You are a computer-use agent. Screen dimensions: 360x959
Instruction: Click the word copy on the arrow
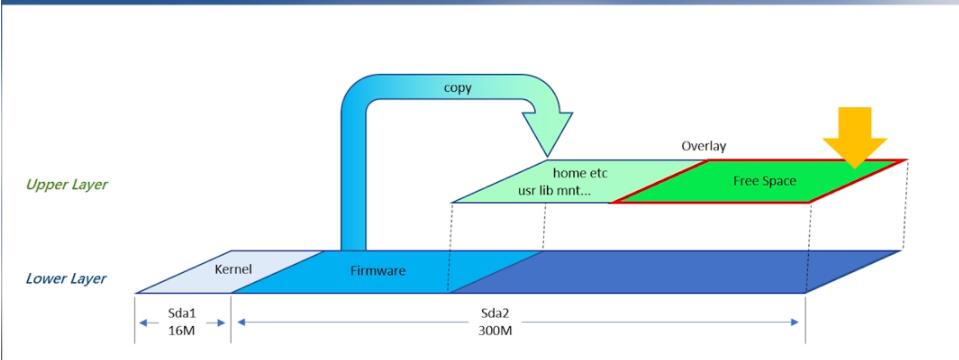pos(458,89)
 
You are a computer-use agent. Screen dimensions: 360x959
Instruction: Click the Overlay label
pos(704,144)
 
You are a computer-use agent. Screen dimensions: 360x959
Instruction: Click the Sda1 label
pos(183,313)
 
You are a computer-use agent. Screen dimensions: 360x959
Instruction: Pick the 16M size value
pos(183,331)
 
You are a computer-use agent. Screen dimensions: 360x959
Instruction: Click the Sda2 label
pos(518,313)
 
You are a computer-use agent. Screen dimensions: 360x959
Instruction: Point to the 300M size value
pos(518,331)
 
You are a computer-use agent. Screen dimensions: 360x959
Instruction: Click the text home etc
pos(580,172)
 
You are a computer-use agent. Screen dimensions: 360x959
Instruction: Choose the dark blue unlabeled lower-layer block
pos(680,271)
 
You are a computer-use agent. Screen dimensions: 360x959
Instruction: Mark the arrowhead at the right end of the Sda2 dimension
pos(797,322)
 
